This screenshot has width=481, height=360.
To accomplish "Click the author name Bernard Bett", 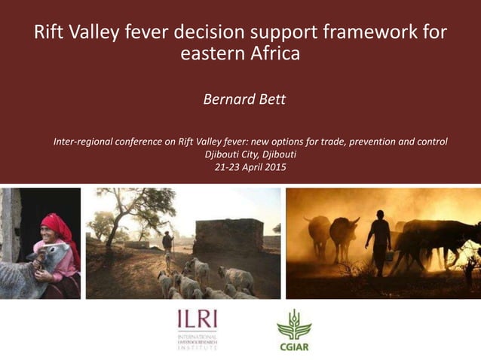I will [245, 99].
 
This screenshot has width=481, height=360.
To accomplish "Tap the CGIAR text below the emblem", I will [294, 347].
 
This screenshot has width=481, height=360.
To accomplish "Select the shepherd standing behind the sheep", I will [167, 243].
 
